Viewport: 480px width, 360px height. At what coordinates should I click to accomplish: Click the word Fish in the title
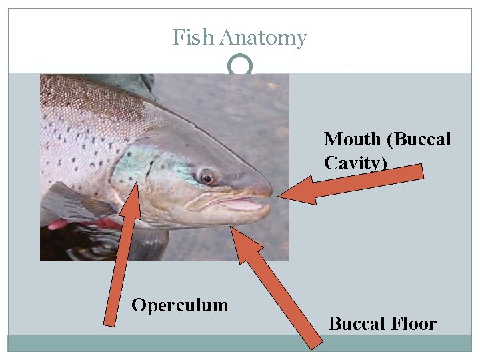193,38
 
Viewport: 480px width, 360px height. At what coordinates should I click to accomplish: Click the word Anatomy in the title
263,38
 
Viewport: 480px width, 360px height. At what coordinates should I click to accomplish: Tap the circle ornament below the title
240,67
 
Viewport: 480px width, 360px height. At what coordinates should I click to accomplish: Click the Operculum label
179,305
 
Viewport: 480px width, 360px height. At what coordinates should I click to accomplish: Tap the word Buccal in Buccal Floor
358,324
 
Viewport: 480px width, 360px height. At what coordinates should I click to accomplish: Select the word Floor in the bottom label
414,324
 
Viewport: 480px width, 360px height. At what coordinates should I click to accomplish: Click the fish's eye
207,178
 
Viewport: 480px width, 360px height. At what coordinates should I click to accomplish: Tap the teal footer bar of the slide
240,343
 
